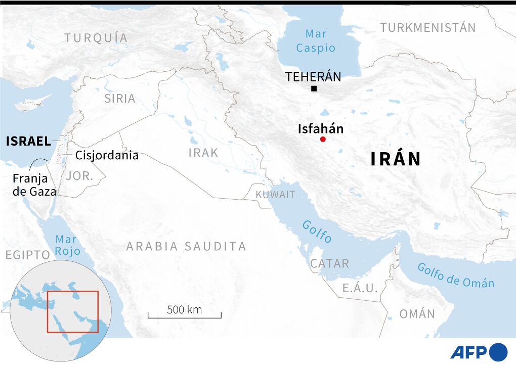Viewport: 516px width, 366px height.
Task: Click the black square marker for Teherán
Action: coord(314,89)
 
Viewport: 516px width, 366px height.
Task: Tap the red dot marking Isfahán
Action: coord(323,140)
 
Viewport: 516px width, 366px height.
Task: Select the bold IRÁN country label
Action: coord(396,159)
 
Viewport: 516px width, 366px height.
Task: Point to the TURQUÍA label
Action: coord(96,37)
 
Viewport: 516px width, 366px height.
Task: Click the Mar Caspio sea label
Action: coord(316,41)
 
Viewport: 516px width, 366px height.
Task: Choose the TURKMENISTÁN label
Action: coord(428,28)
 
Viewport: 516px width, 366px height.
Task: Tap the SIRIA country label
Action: coord(120,99)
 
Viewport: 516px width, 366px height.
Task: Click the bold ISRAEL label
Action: coord(28,141)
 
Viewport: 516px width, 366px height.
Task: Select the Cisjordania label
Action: coord(107,155)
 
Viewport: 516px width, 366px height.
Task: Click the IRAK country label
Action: coord(203,153)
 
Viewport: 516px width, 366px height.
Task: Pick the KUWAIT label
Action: coord(275,195)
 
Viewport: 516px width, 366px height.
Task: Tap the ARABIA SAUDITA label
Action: coord(186,246)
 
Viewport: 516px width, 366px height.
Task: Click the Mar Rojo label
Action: coord(67,245)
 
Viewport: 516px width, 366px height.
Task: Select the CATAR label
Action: coord(330,263)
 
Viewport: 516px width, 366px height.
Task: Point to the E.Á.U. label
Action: coord(360,288)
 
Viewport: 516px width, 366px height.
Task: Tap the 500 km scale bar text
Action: coord(184,310)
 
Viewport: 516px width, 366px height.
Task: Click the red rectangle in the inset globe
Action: coord(72,311)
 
